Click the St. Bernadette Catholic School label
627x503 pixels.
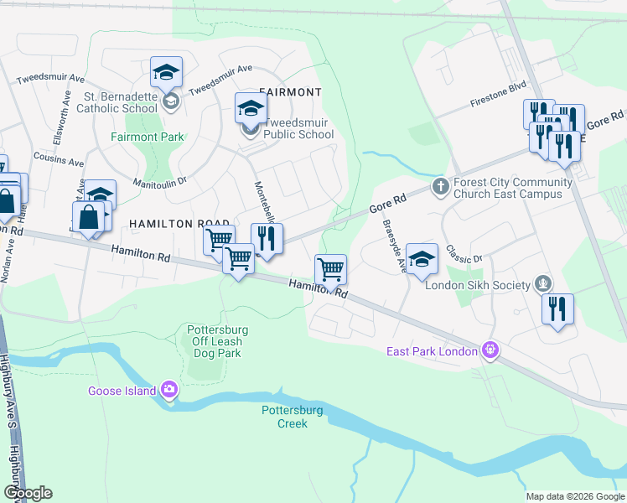[x=117, y=101]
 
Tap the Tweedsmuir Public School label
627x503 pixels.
[x=298, y=128]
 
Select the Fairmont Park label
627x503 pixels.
[x=147, y=136]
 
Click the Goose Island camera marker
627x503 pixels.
[x=169, y=389]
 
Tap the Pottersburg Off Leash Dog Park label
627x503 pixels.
[x=214, y=341]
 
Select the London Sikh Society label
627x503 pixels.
[x=478, y=285]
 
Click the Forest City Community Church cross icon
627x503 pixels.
[x=438, y=185]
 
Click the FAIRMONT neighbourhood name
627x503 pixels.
[x=290, y=91]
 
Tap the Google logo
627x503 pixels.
[x=28, y=493]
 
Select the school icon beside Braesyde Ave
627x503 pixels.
[x=422, y=259]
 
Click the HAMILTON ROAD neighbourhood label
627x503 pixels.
[x=168, y=224]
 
